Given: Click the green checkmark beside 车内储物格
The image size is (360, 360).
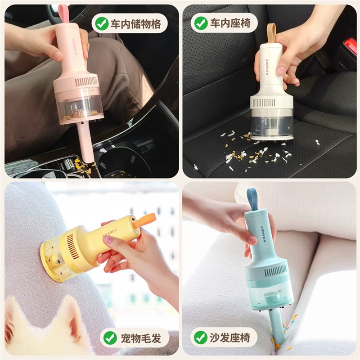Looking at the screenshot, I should tap(102, 23).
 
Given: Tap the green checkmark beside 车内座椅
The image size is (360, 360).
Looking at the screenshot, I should tap(201, 23).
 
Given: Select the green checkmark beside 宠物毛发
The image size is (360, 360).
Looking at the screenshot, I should tap(110, 337).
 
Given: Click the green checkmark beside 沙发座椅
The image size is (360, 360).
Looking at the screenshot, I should tap(201, 337).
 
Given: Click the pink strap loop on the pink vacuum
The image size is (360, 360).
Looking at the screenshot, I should tap(67, 15).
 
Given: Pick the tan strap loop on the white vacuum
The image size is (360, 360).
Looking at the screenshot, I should tap(271, 33).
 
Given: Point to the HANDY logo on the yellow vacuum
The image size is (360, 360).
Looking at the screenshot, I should tap(109, 232).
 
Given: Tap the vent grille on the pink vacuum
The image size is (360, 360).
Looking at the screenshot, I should tap(86, 81).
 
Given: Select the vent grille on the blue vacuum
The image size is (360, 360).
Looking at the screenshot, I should tap(275, 270).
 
